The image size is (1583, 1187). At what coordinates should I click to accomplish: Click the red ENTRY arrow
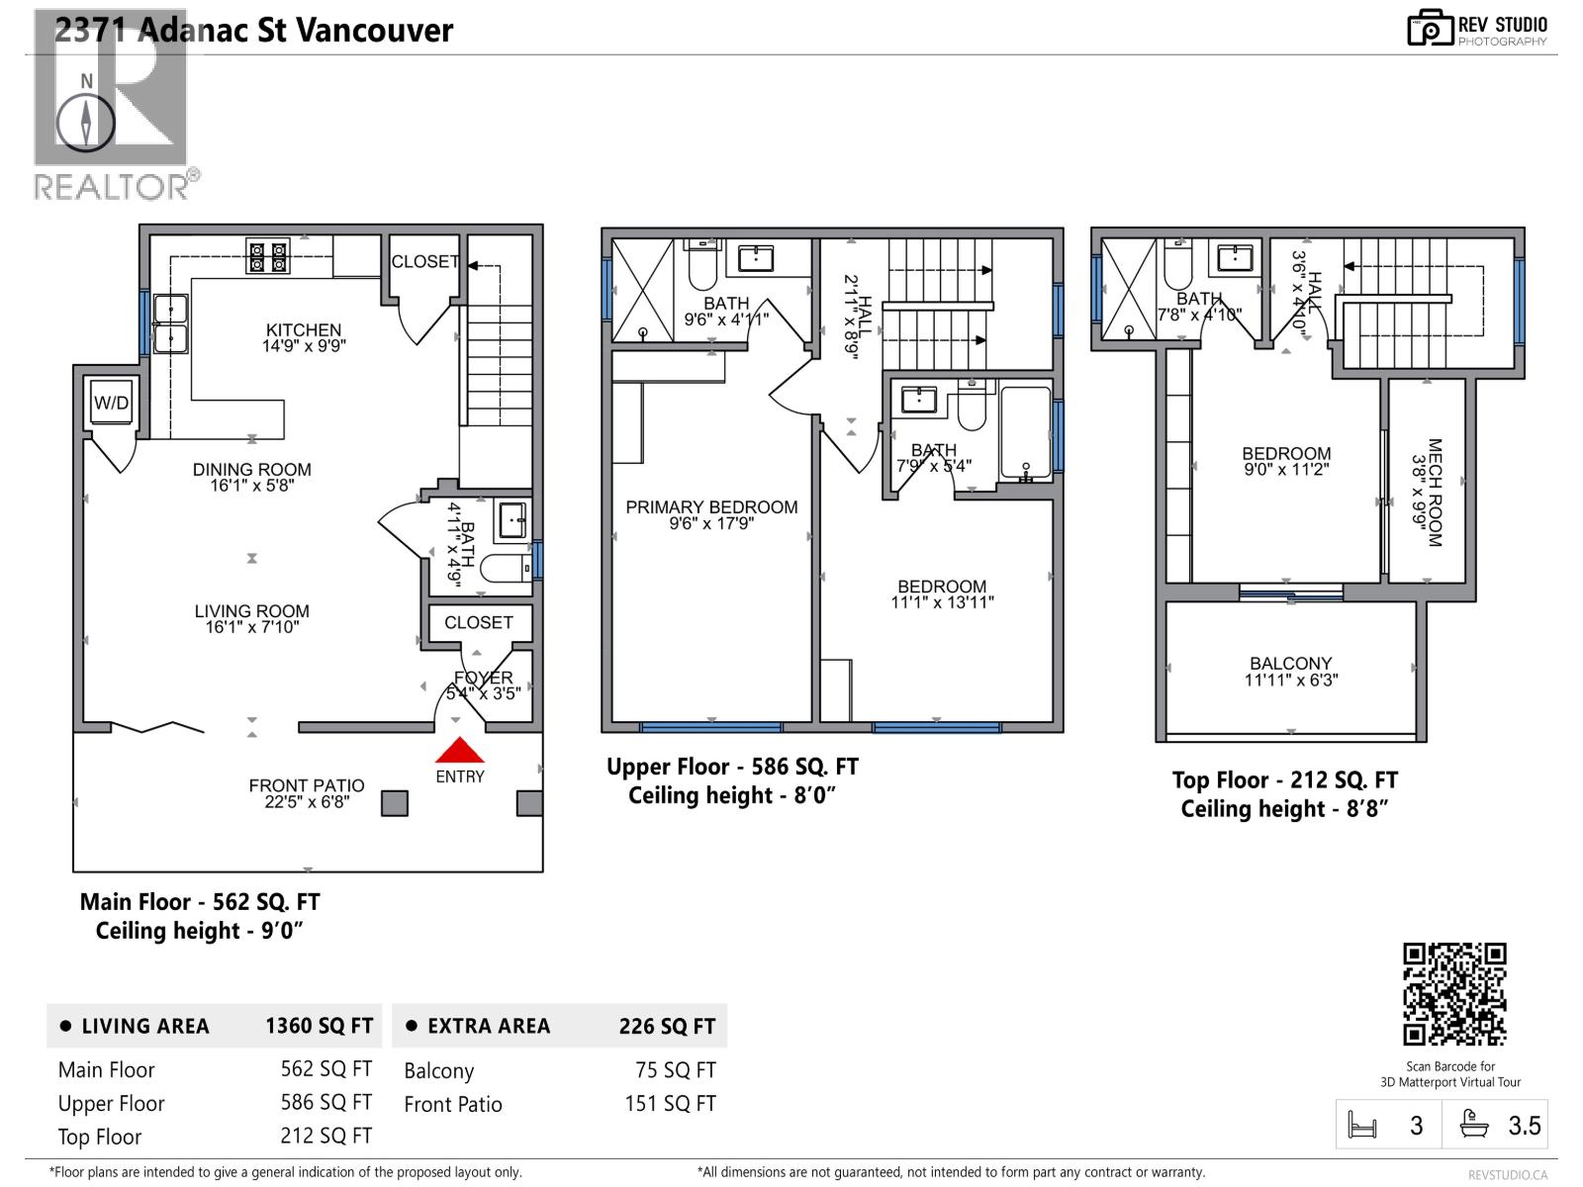pos(460,752)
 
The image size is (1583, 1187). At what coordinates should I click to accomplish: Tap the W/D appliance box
pos(111,403)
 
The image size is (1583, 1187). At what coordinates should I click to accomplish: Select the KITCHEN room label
pos(303,330)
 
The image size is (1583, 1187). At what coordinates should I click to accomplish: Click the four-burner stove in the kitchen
pos(268,257)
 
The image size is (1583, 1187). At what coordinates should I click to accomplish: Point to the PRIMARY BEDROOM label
pos(711,507)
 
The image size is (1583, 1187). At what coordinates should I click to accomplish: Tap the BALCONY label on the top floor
pos(1290,664)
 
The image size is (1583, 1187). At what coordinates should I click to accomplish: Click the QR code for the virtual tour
pos(1454,994)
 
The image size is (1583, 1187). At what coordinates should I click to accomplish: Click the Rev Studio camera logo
pos(1430,29)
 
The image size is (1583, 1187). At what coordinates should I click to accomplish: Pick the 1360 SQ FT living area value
pos(319,1027)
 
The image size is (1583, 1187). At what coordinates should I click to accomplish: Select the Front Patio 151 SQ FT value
pos(670,1104)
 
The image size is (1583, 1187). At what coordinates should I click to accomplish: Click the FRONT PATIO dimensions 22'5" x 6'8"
pos(307,802)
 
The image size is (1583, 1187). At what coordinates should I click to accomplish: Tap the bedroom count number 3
pos(1416,1126)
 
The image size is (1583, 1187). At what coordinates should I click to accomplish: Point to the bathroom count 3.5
pos(1524,1126)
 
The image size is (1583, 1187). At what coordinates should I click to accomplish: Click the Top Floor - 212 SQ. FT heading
pos(1284,780)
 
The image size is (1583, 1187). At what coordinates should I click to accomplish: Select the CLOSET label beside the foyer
pos(478,622)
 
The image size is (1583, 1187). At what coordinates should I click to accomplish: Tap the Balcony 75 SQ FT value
pos(675,1070)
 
